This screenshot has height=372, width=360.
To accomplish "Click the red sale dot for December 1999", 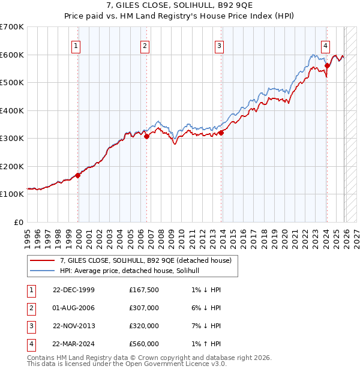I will [x=78, y=175].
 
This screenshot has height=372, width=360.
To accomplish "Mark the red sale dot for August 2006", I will [x=146, y=137].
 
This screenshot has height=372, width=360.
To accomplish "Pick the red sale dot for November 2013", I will [x=221, y=133].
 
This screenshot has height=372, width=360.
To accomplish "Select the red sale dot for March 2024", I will [x=327, y=66].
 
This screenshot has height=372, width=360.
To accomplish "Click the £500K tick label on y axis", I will [x=12, y=82].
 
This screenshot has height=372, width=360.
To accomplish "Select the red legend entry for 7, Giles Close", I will [x=149, y=260].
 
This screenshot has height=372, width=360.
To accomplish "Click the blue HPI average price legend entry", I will [x=133, y=271].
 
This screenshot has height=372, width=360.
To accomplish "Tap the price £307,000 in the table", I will [x=144, y=308].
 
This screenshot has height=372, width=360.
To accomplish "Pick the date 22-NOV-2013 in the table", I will [x=74, y=326].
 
